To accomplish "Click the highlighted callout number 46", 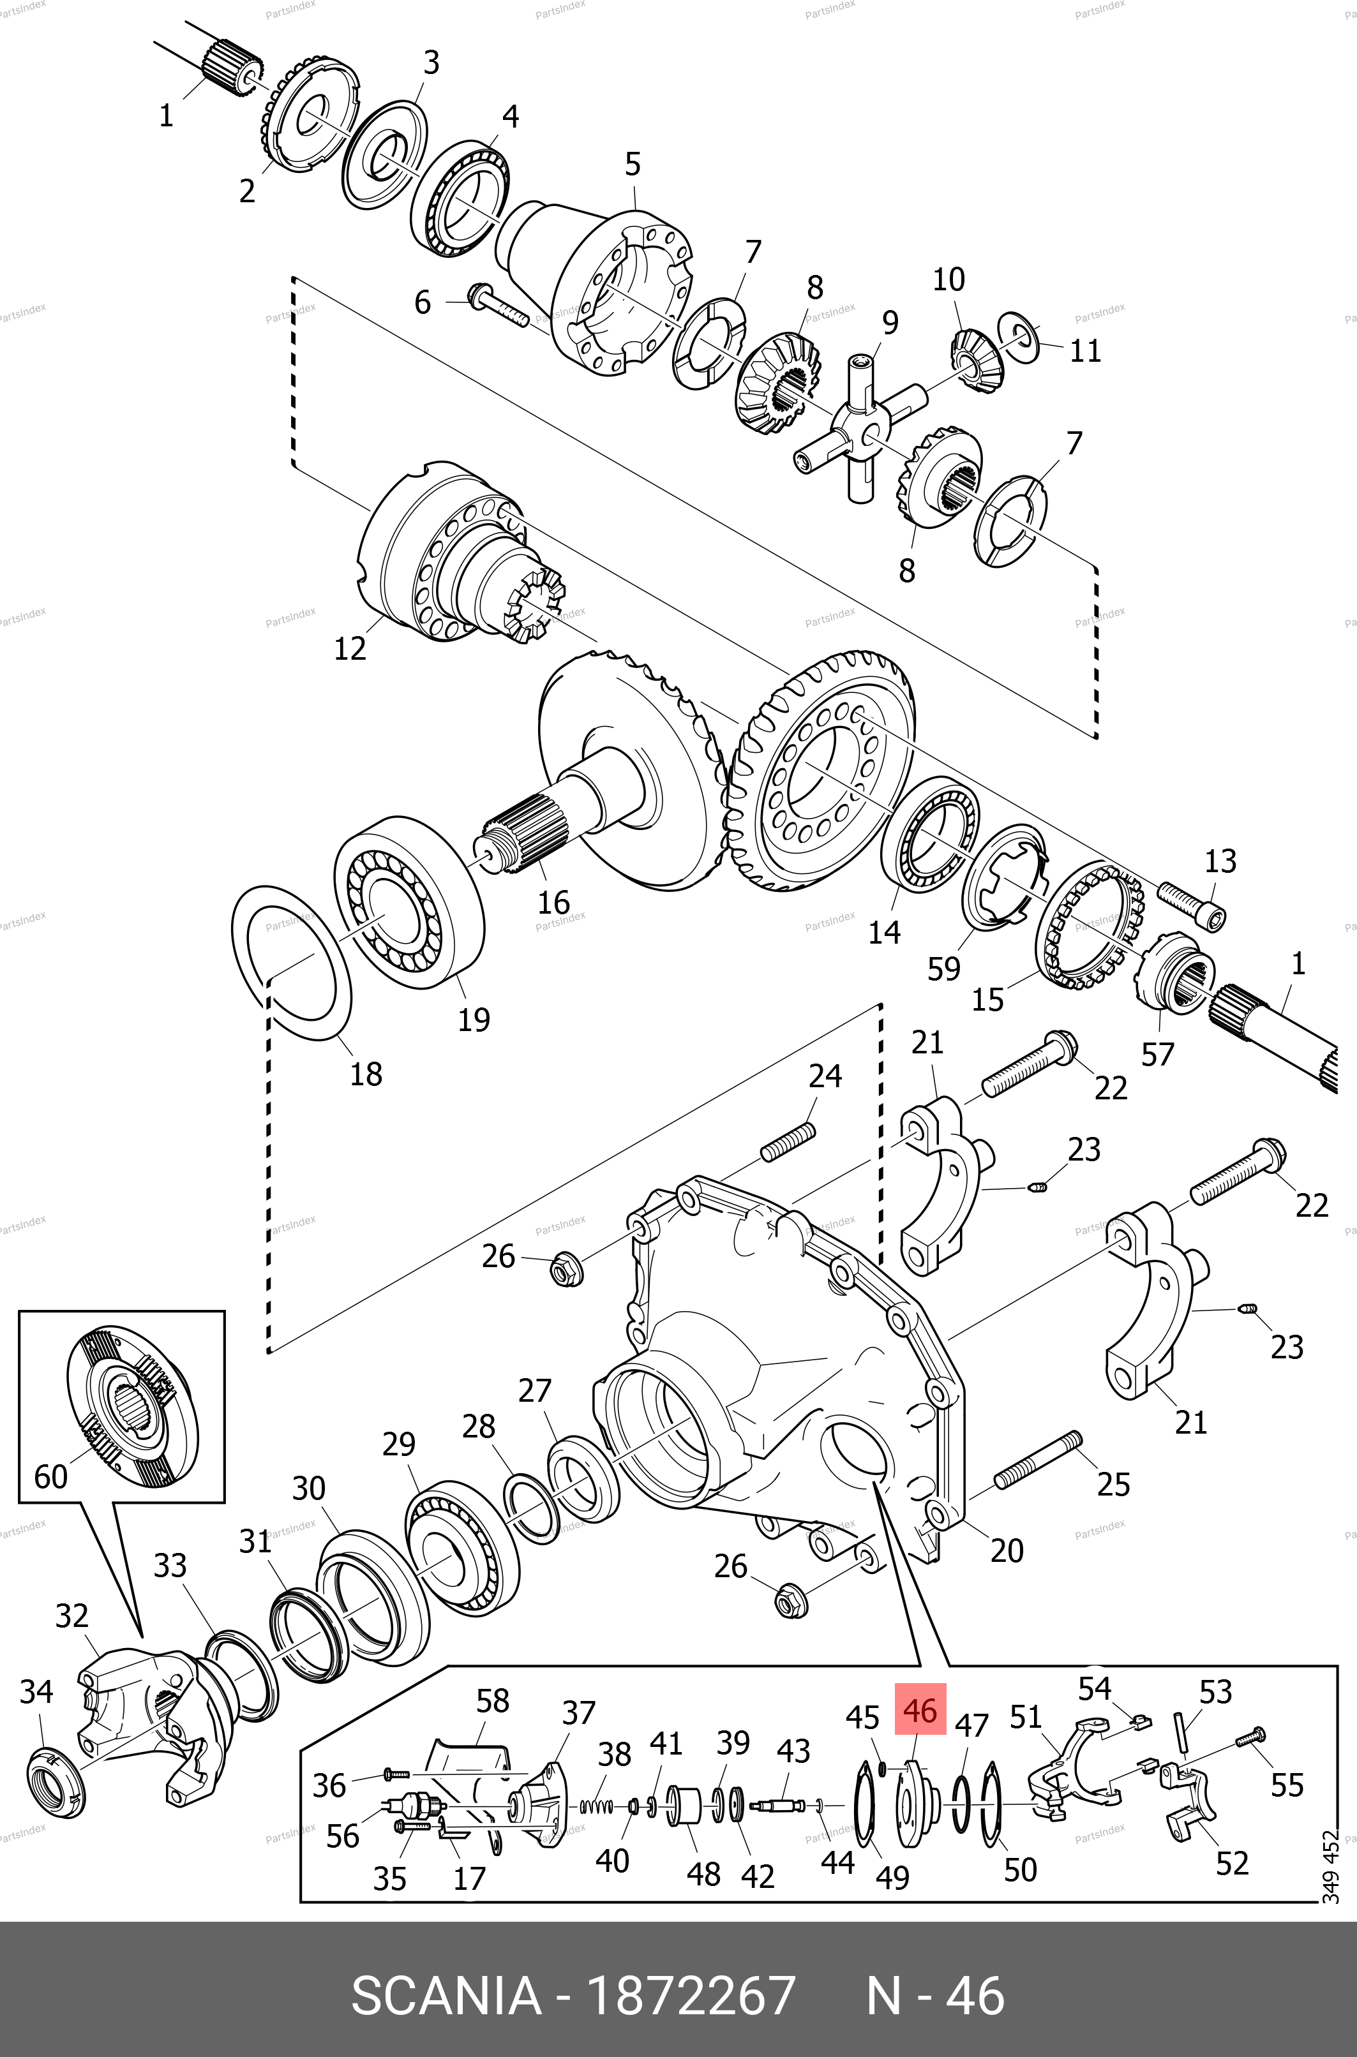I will pyautogui.click(x=920, y=1709).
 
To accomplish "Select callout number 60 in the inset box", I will pyautogui.click(x=50, y=1475).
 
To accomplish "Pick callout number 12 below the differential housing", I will pyautogui.click(x=350, y=648).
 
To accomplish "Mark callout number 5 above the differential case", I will pyautogui.click(x=632, y=163).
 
